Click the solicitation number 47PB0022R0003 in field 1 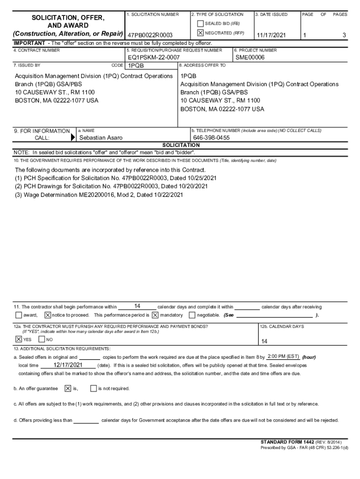click(x=151, y=36)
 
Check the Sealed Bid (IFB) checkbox click(x=201, y=24)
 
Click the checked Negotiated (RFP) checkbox click(x=201, y=33)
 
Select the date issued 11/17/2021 click(x=272, y=36)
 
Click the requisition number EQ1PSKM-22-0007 click(x=154, y=58)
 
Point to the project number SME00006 click(x=250, y=58)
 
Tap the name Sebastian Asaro click(x=101, y=138)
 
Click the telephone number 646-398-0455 click(x=211, y=138)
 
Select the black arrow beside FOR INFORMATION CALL click(x=72, y=138)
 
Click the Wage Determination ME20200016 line click(x=99, y=195)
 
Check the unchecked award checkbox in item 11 click(x=19, y=315)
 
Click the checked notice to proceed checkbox click(x=48, y=315)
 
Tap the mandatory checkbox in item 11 click(x=155, y=315)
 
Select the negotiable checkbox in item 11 click(x=192, y=315)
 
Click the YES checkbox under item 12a click(x=19, y=339)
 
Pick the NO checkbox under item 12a click(x=42, y=339)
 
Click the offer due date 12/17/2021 click(x=68, y=365)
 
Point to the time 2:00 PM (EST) click(x=283, y=356)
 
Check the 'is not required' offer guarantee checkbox click(x=94, y=388)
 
